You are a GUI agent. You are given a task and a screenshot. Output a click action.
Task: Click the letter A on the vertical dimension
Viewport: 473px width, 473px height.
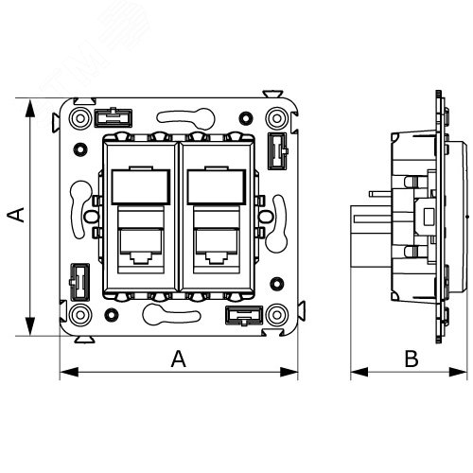click(x=15, y=217)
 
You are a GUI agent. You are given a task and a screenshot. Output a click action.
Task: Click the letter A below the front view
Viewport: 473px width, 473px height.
click(x=177, y=358)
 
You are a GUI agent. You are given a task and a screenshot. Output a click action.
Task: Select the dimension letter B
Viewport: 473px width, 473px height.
click(x=411, y=359)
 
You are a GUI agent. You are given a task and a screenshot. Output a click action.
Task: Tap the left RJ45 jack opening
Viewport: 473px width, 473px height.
click(x=139, y=245)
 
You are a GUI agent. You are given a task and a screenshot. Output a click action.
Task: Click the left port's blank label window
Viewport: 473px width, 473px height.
click(x=138, y=187)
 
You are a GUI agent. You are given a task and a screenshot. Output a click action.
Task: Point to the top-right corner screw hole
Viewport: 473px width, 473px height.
click(x=277, y=118)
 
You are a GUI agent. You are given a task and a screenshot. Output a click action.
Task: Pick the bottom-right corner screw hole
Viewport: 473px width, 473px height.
click(x=277, y=315)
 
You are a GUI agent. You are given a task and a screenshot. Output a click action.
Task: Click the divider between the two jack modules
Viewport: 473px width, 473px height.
click(x=178, y=213)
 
